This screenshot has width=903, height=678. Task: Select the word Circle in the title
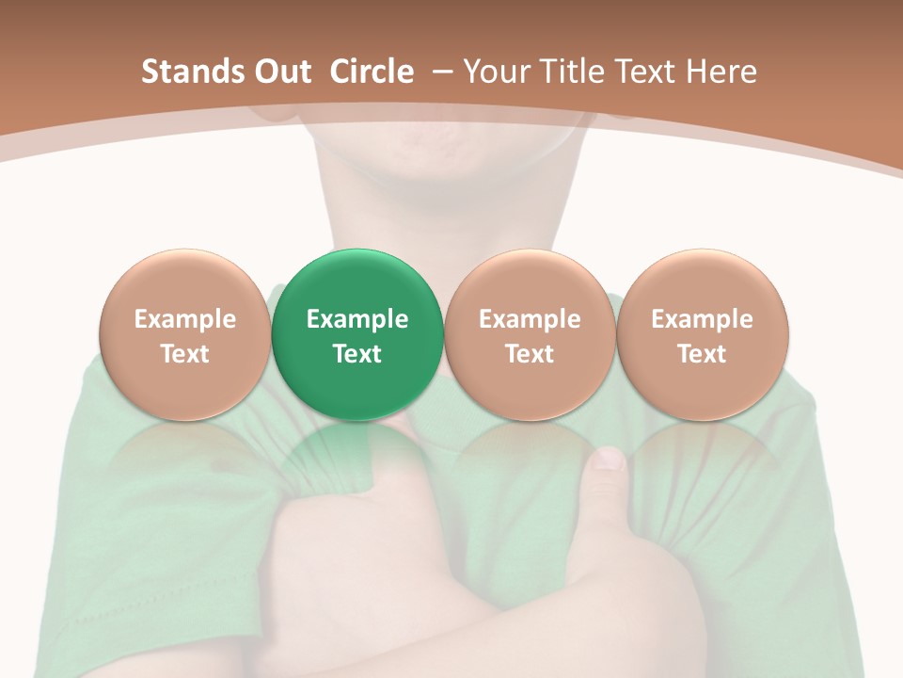point(372,72)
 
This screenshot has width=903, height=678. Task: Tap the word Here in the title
point(721,72)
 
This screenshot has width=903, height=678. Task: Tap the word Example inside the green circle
point(357,319)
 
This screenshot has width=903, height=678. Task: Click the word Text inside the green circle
point(357,354)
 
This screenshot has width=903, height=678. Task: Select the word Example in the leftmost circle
point(184,319)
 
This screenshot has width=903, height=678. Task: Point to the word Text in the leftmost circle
point(184,354)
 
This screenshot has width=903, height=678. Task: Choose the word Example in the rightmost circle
point(702,319)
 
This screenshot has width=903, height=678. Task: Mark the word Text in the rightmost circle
point(702,354)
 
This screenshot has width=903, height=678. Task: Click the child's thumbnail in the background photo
point(609,460)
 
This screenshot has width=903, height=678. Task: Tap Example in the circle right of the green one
point(530,319)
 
